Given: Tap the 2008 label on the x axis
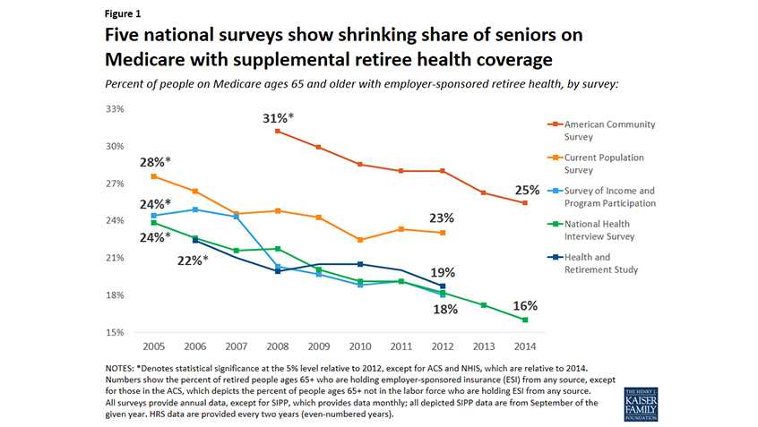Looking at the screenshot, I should [278, 346].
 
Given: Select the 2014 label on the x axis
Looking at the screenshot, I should [525, 346].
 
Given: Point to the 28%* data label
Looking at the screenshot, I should [155, 162].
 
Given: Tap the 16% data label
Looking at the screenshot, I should [527, 306].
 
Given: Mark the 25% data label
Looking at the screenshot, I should [527, 190].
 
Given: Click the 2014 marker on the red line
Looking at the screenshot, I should [525, 203].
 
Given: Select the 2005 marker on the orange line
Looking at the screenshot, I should [154, 176].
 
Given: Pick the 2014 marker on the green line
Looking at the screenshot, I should [525, 320].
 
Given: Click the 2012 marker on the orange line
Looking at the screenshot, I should [443, 233].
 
